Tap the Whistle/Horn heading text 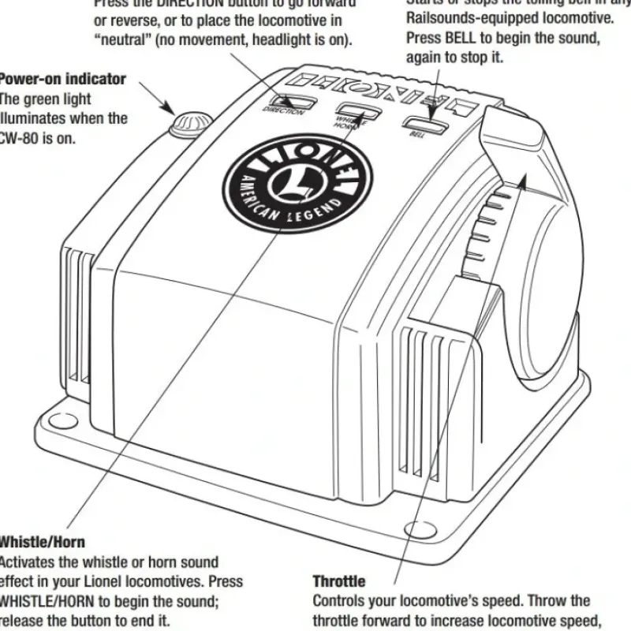coord(41,543)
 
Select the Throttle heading coord(339,582)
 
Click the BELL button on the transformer coord(423,123)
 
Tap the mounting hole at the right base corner coord(415,531)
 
